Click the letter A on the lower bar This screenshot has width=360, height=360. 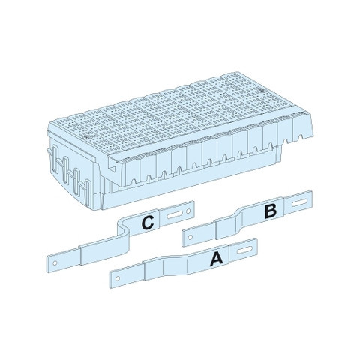217,258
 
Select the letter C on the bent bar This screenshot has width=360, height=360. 148,223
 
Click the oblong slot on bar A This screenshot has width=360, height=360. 244,250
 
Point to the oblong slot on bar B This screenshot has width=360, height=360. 299,202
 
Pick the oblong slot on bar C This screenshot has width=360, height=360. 175,215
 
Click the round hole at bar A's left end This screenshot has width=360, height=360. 118,278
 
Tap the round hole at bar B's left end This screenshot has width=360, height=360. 190,237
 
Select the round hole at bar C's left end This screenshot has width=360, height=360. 55,263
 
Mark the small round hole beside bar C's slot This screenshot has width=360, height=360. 188,211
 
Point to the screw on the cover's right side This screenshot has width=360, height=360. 262,90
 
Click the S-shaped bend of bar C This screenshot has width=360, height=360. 123,231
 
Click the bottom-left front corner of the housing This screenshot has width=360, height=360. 103,209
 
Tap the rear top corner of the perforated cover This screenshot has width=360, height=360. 236,72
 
